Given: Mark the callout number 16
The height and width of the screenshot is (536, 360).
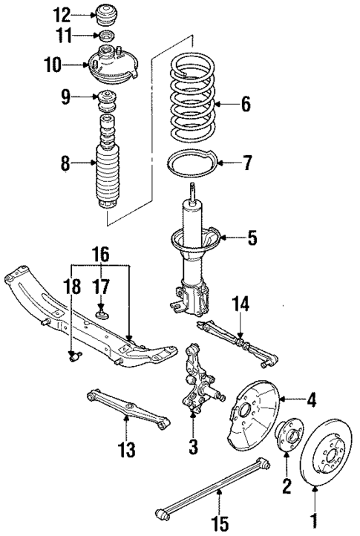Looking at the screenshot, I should (101, 256).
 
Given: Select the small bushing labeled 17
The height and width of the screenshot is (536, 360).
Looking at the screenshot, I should (102, 313).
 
